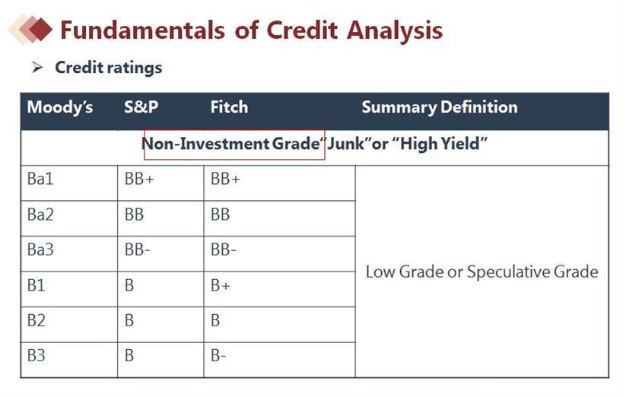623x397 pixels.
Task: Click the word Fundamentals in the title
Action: pos(142,30)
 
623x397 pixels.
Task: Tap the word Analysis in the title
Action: pos(395,31)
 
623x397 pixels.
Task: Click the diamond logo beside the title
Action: pos(30,29)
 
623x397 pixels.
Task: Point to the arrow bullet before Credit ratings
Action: pos(37,68)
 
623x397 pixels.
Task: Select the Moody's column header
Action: pos(60,107)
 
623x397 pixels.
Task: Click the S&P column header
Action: pos(141,107)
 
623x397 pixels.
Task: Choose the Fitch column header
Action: pos(229,107)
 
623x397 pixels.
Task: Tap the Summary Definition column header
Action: pos(440,108)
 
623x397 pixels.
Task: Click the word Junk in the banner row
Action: pos(345,144)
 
